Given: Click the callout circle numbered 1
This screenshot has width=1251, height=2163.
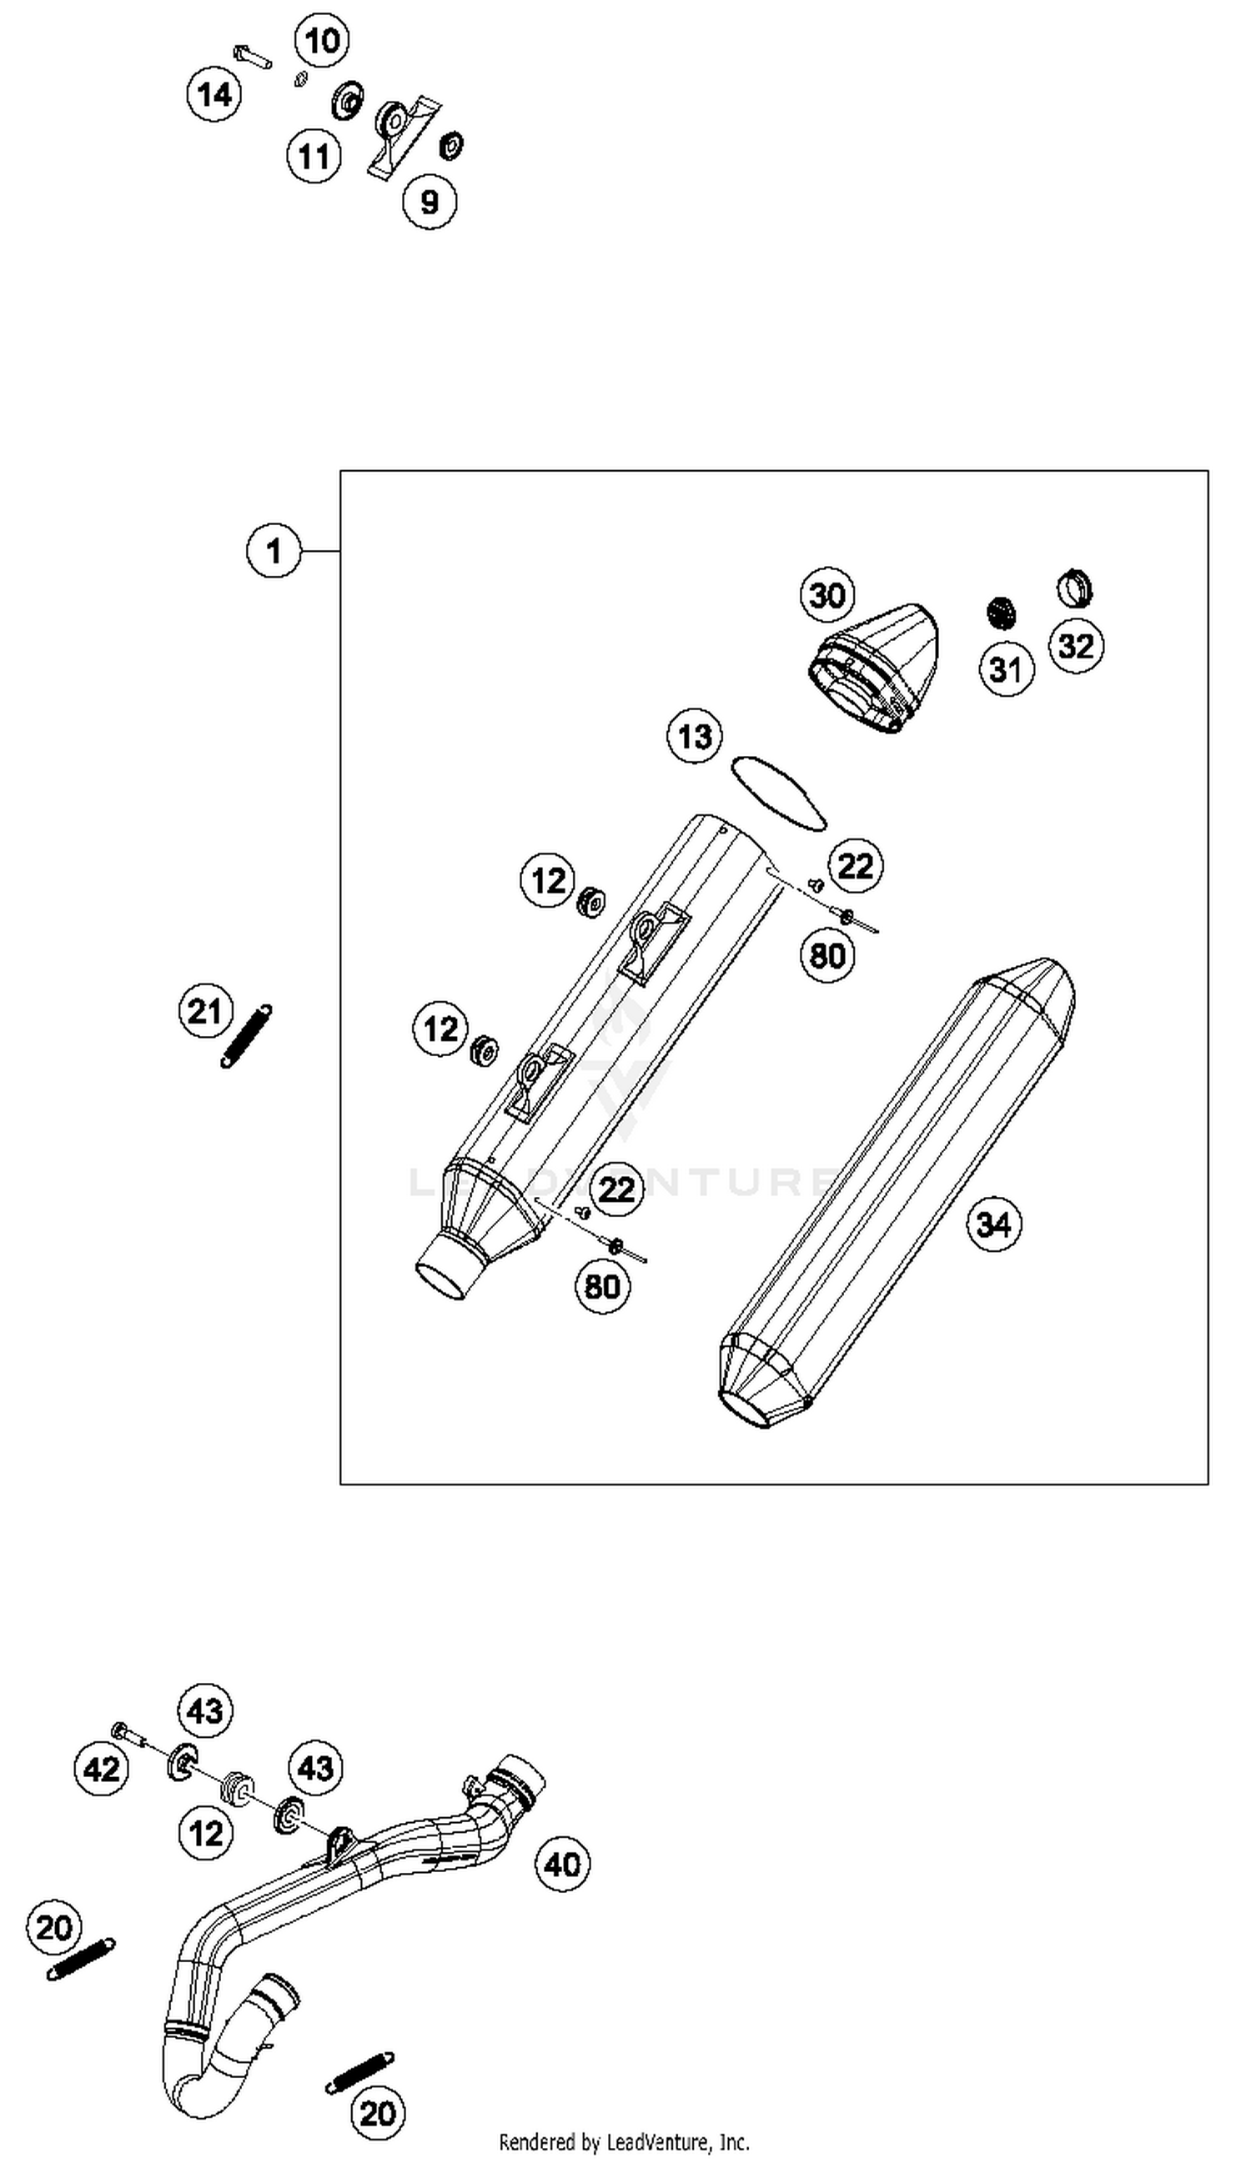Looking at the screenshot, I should coord(274,550).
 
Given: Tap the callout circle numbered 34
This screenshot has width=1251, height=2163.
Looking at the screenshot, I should coord(993,1224).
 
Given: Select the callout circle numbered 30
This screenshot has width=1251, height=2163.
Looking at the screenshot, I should coord(826,595).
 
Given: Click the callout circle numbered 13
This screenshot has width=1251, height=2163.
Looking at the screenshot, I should coord(695,736).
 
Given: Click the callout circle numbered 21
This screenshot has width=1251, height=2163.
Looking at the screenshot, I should coord(205,1011).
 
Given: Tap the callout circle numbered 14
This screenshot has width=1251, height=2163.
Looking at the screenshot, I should coord(214,93).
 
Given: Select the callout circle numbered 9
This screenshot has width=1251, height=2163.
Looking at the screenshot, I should coord(430,202).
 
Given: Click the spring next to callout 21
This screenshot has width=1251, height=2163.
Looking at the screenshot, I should coord(247,1035).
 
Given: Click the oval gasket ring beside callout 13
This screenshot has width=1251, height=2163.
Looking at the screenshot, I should coord(778,792).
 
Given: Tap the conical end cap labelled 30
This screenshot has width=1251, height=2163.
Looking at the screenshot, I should coord(876,668).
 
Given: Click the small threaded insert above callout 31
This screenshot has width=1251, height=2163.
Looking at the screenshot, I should coord(1000,612).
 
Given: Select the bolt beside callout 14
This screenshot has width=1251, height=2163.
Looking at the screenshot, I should coord(253,57).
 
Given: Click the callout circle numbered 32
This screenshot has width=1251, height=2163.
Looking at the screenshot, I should coord(1076,645).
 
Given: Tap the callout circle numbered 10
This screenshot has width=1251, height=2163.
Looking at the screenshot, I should coord(322,39).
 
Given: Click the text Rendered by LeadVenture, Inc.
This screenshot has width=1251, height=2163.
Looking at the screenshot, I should coord(624,2142).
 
